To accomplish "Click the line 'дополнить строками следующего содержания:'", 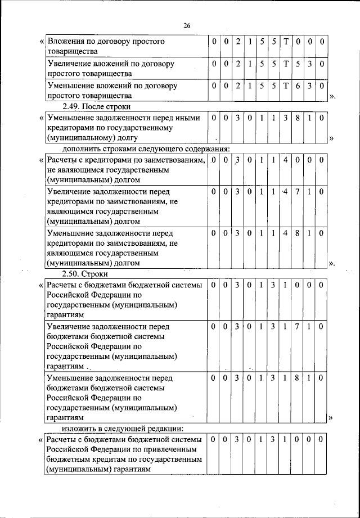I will (138, 148).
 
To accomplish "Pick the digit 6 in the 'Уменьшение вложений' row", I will (298, 86).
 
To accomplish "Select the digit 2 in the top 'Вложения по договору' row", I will (238, 42).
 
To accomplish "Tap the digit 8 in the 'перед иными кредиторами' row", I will (298, 118).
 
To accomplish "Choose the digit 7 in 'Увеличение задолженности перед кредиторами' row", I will (298, 192).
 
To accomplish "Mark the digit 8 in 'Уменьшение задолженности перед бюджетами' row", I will (298, 379).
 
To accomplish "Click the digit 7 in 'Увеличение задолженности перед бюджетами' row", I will (298, 327).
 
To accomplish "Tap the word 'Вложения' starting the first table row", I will (65, 42).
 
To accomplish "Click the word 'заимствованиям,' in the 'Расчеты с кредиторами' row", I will (173, 161).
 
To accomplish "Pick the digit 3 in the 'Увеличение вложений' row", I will (309, 64).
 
